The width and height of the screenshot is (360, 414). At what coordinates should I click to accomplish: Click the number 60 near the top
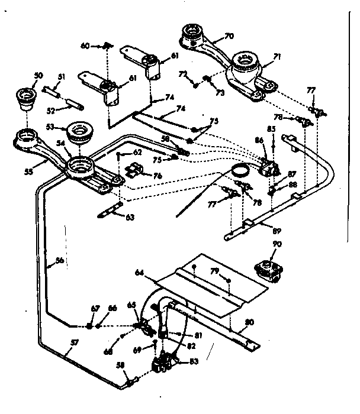[x=85, y=45]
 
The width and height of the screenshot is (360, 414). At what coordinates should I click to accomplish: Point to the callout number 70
[x=230, y=35]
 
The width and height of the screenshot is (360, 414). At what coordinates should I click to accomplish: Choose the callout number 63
[x=129, y=218]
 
